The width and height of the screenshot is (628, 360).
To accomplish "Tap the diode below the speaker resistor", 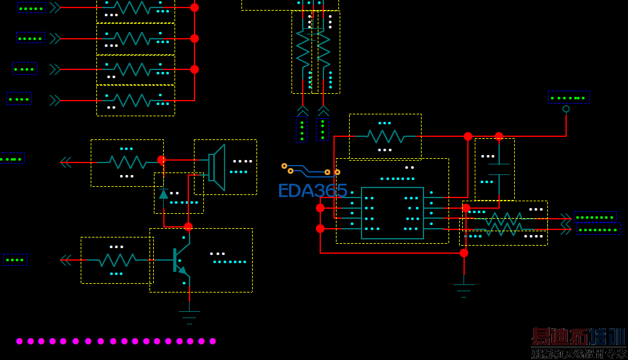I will pos(164,194).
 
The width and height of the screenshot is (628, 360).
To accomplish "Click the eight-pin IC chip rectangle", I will pos(392,213).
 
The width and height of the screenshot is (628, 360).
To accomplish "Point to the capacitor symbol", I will pos(499,169).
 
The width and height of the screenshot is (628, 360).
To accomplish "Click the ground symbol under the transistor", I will pos(189,314).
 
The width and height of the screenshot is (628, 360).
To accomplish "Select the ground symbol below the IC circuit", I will pos(463,290).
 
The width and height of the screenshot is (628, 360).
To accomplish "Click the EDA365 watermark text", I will pos(312,191).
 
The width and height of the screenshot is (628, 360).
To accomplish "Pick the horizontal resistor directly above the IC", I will pos(385,136).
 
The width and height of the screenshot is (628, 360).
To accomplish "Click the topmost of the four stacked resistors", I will pos(135,7).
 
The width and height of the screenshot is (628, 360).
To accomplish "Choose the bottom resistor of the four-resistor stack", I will pos(135,100).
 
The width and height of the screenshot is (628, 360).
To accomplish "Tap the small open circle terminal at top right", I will pos(566,109).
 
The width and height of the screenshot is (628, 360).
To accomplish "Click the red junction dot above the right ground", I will pos(463,253).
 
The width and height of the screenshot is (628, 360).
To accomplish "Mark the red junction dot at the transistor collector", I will pos(188,227).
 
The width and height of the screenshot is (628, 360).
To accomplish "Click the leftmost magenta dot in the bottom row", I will pos(19,341).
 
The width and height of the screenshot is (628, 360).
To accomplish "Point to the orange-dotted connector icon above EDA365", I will pos(310,169).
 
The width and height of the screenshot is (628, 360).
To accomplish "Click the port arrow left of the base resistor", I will pos(66,260).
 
